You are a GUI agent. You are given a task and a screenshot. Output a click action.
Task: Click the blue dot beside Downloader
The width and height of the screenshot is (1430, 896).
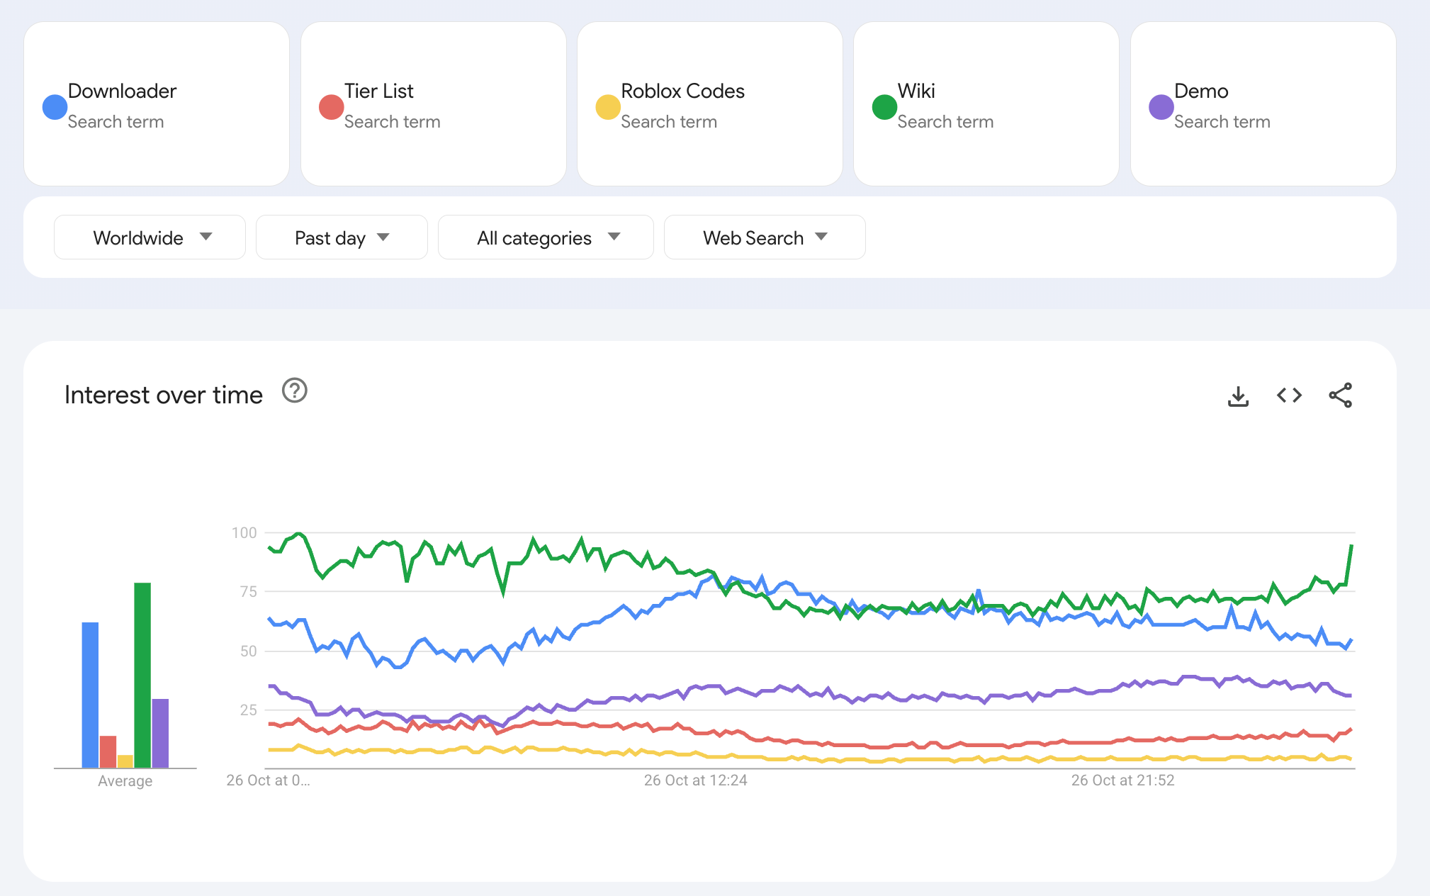point(55,107)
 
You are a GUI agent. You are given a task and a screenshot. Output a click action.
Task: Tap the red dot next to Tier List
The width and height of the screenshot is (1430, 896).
point(331,107)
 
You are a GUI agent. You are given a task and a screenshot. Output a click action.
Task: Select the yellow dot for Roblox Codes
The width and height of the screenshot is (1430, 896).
point(608,107)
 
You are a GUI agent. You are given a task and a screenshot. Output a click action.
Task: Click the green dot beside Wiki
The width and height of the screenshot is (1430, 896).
point(884,107)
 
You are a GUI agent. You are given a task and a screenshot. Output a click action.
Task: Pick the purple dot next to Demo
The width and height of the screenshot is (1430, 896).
point(1161,107)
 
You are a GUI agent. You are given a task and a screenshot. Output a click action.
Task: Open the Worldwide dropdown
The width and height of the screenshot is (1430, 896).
point(150,237)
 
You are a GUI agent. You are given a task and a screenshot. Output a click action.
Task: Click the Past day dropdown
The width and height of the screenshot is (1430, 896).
point(342,237)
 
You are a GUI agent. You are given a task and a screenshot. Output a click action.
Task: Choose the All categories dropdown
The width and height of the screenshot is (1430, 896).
point(546,237)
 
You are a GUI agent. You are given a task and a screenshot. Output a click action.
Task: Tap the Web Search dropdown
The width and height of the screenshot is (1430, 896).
point(765,237)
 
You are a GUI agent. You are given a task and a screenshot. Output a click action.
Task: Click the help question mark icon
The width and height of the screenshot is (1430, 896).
point(295,391)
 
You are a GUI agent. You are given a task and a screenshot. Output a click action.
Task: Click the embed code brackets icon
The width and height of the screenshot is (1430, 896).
point(1289,395)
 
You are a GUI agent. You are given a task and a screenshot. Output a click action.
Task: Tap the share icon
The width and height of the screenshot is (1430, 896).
point(1340,395)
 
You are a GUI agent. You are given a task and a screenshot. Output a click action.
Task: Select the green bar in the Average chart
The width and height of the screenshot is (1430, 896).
point(142,675)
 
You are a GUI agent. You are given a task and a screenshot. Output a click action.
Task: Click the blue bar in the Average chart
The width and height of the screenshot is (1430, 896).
point(90,695)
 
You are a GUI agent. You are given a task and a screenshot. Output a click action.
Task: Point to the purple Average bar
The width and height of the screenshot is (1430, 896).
point(160,733)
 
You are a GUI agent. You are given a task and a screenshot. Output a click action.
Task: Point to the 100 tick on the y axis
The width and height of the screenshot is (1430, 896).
point(244,532)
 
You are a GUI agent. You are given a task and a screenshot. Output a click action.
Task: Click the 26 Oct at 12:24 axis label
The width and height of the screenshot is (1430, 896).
point(695,780)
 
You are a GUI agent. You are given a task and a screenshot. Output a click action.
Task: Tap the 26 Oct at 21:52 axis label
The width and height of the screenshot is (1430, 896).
point(1122,780)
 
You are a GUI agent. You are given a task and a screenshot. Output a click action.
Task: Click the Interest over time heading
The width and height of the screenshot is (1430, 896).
point(164,395)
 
